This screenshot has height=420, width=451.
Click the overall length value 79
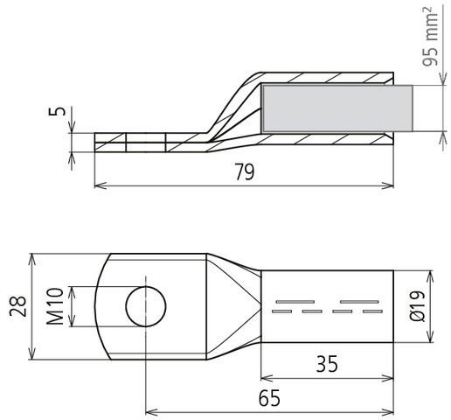[244, 172]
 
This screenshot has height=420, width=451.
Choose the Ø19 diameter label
[417, 306]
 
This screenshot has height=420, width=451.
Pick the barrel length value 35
[328, 363]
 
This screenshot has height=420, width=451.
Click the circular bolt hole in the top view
[145, 306]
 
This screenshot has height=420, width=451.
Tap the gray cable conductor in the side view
[337, 109]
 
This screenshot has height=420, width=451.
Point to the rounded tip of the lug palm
[98, 306]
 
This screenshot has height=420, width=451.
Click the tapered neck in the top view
[232, 306]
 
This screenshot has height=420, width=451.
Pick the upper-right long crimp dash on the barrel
[360, 302]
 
